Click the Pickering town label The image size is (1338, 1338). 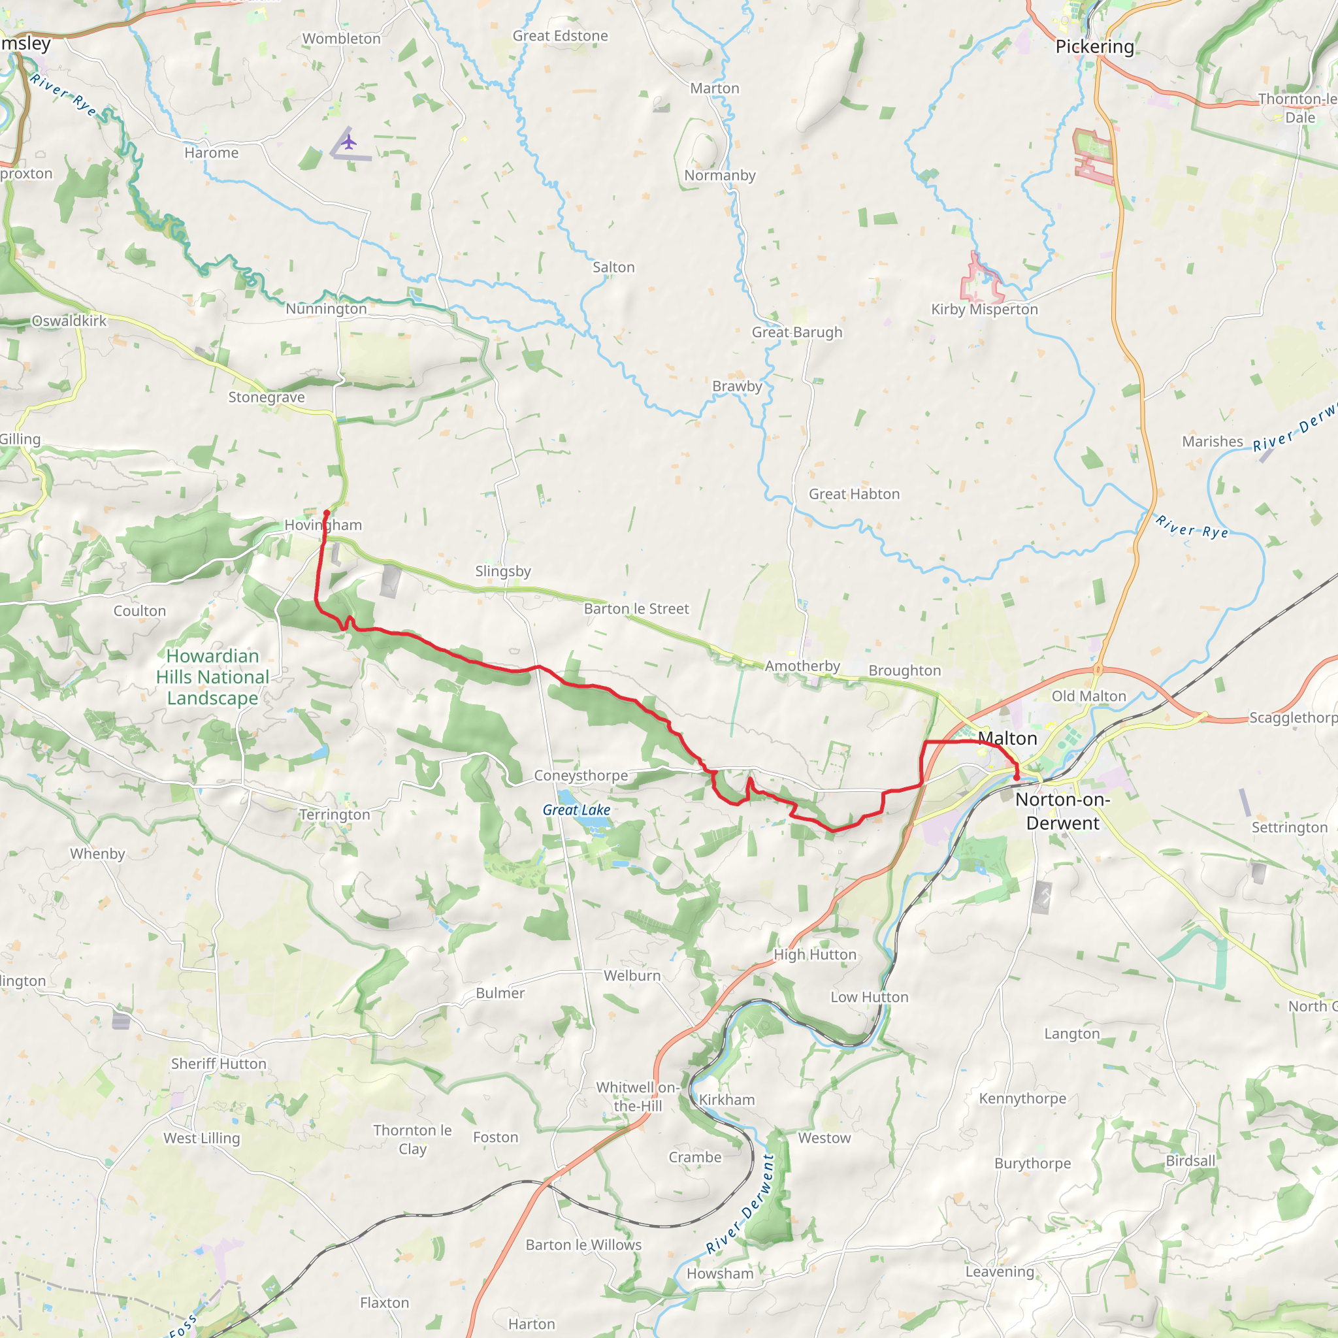point(1094,46)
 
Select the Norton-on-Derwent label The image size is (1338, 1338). point(1062,811)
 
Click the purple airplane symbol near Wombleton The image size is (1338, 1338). point(349,142)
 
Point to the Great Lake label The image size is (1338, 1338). point(576,809)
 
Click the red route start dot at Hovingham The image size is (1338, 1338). point(326,513)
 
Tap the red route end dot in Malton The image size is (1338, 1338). point(1016,777)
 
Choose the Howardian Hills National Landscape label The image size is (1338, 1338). point(212,677)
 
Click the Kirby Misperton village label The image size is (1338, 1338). point(984,310)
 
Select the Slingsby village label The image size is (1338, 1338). point(503,572)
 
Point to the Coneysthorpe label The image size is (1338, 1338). point(580,775)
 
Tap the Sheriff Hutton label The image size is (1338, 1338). point(218,1064)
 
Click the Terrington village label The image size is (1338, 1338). point(334,815)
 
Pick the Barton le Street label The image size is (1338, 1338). point(636,609)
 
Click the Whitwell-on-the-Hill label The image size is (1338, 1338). point(637,1096)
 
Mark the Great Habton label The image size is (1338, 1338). point(854,494)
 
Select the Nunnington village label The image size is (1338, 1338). point(326,309)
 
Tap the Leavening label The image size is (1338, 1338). point(1000,1271)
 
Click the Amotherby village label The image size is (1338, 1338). point(802,666)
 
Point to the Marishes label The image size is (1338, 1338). point(1212,441)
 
